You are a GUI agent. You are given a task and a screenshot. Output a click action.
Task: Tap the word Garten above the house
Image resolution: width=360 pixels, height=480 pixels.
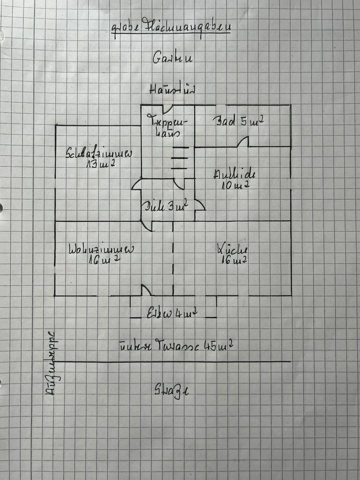point(173,57)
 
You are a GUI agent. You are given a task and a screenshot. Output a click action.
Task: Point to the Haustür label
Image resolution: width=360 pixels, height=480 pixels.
point(171,89)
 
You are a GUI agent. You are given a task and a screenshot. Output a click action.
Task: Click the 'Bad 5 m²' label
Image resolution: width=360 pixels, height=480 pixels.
point(238,121)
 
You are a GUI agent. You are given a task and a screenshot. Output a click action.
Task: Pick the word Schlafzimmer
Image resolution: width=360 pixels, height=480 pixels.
point(98,153)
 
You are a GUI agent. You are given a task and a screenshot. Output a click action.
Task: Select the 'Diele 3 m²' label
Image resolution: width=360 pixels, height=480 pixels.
point(165,205)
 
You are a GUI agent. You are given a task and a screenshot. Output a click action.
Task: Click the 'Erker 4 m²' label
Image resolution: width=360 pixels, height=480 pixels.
point(171,314)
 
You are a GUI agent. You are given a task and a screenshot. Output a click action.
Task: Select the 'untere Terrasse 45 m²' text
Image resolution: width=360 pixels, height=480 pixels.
point(176,345)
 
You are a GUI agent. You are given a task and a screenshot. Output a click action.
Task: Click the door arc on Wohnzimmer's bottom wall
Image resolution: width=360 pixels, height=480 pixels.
point(146,290)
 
